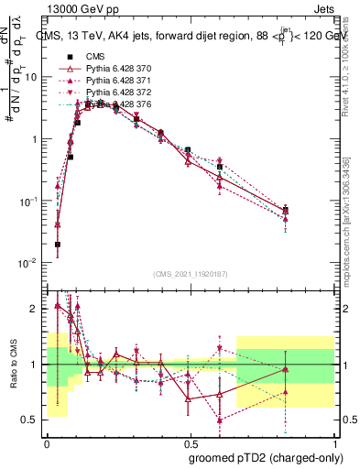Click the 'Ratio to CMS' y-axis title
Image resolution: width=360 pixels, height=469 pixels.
coord(13,364)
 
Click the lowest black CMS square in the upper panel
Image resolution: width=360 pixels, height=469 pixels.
coord(58,245)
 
